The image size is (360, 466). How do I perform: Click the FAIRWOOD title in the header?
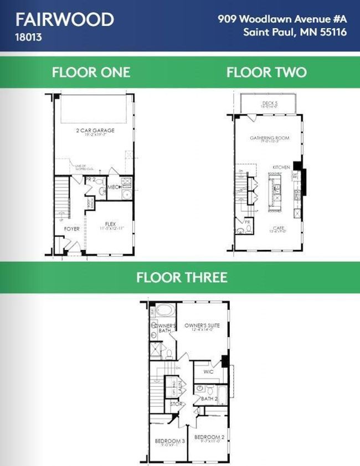tap(65, 19)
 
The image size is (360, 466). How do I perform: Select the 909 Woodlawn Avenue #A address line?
tap(282, 19)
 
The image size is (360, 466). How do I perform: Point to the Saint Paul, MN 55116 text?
tap(295, 32)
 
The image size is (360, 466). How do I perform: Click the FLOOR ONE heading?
tap(91, 72)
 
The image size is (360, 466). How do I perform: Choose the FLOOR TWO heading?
tap(266, 72)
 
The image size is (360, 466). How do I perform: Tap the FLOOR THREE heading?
tap(182, 276)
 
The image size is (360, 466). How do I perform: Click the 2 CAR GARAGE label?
tap(95, 131)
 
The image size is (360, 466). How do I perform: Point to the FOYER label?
tap(71, 228)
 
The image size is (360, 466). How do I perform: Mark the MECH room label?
tap(114, 187)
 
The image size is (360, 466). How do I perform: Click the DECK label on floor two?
tap(270, 103)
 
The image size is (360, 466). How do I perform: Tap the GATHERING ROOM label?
tap(269, 138)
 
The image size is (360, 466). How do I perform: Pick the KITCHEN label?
tap(281, 167)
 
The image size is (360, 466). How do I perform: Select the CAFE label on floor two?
tap(278, 228)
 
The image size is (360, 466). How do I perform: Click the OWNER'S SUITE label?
tap(202, 326)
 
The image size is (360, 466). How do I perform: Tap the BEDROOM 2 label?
tap(209, 437)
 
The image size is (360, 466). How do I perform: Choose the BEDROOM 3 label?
tap(166, 441)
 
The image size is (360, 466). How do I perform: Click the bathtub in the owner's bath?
tap(164, 310)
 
